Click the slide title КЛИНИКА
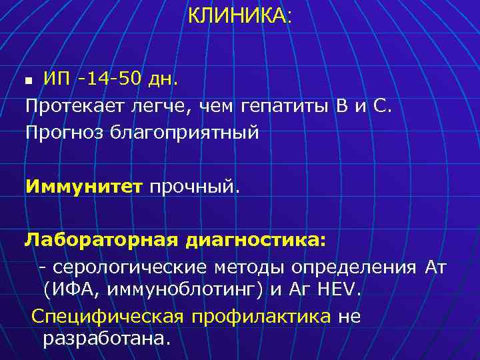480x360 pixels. [x=238, y=16]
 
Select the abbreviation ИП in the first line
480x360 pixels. [x=56, y=79]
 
